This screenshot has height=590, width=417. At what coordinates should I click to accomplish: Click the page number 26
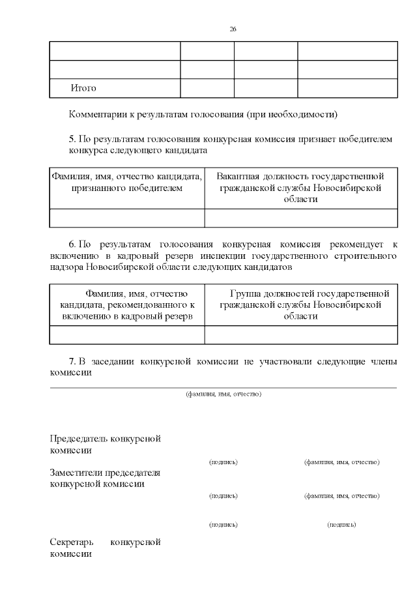pyautogui.click(x=233, y=29)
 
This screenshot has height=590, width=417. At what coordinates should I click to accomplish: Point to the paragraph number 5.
pyautogui.click(x=72, y=139)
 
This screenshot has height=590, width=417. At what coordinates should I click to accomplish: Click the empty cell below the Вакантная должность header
pyautogui.click(x=300, y=218)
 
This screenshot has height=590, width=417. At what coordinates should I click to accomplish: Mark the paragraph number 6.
pyautogui.click(x=72, y=244)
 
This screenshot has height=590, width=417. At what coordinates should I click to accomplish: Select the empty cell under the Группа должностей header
pyautogui.click(x=300, y=334)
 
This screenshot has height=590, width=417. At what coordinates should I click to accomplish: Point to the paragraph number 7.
pyautogui.click(x=72, y=361)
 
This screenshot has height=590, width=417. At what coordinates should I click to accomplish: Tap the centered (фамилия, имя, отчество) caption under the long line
pyautogui.click(x=223, y=394)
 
